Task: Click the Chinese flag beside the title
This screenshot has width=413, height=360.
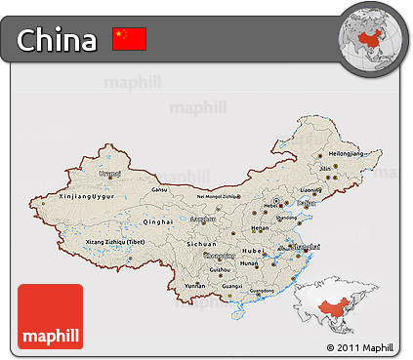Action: click(x=129, y=39)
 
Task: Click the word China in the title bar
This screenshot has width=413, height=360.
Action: click(x=58, y=40)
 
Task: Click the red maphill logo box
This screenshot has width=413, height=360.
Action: click(x=51, y=316)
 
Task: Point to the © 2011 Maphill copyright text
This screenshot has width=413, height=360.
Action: click(x=360, y=347)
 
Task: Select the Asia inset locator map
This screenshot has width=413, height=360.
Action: click(x=348, y=305)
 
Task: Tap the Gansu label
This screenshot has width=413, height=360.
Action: click(x=160, y=188)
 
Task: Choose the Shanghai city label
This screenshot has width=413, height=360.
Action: click(x=306, y=247)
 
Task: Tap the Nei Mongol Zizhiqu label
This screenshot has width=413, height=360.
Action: click(x=217, y=197)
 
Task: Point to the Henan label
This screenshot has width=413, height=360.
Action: click(x=259, y=227)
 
